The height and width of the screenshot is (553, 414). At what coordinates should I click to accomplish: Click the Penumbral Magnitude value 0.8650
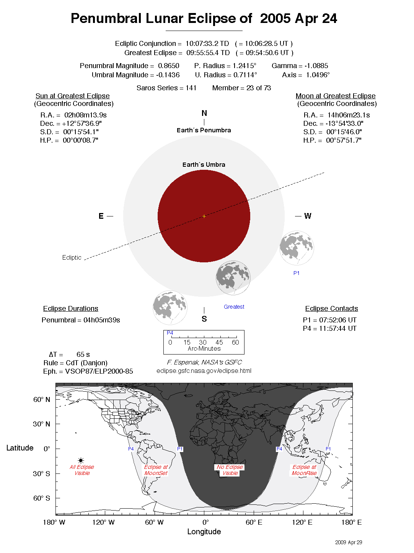[x=168, y=66]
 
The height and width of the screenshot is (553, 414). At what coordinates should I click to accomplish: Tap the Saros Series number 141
[x=191, y=88]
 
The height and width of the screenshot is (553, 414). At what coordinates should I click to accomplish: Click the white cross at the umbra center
[x=204, y=216]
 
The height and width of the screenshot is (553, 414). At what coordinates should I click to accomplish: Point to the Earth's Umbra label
[x=204, y=165]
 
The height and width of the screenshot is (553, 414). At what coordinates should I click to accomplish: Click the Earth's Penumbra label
[x=204, y=130]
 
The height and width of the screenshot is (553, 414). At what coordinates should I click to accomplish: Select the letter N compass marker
[x=204, y=113]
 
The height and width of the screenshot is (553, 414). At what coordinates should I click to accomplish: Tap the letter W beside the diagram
[x=308, y=216]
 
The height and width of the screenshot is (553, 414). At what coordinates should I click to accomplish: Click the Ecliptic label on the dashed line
[x=72, y=258]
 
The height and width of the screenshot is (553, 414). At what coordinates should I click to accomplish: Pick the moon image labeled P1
[x=297, y=248]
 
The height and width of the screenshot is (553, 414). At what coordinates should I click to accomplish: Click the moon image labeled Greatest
[x=233, y=278]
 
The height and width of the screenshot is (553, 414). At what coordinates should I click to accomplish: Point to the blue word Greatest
[x=234, y=307]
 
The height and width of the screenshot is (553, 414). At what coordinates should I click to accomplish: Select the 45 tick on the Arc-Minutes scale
[x=219, y=342]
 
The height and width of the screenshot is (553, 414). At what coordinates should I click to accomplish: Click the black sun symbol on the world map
[x=81, y=460]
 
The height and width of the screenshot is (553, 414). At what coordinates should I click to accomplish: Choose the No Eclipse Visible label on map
[x=230, y=470]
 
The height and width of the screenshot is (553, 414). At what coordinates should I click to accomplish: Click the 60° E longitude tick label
[x=254, y=522]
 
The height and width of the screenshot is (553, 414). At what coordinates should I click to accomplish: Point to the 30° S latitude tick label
[x=41, y=473]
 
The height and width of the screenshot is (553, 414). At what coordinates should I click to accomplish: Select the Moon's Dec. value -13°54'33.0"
[x=344, y=124]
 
